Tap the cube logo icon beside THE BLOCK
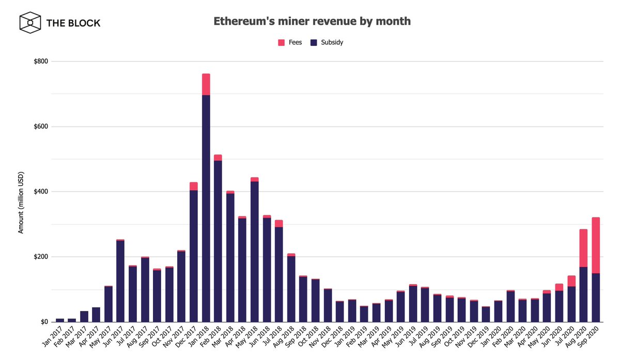pos(30,23)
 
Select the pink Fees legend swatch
pos(282,42)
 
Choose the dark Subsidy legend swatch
pos(313,42)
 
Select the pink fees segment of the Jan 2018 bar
pos(206,84)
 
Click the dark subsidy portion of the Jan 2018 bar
pos(206,207)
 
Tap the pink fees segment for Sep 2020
pos(596,245)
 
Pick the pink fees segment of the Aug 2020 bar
pos(583,248)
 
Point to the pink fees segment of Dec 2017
pos(194,186)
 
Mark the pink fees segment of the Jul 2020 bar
pos(571,281)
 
